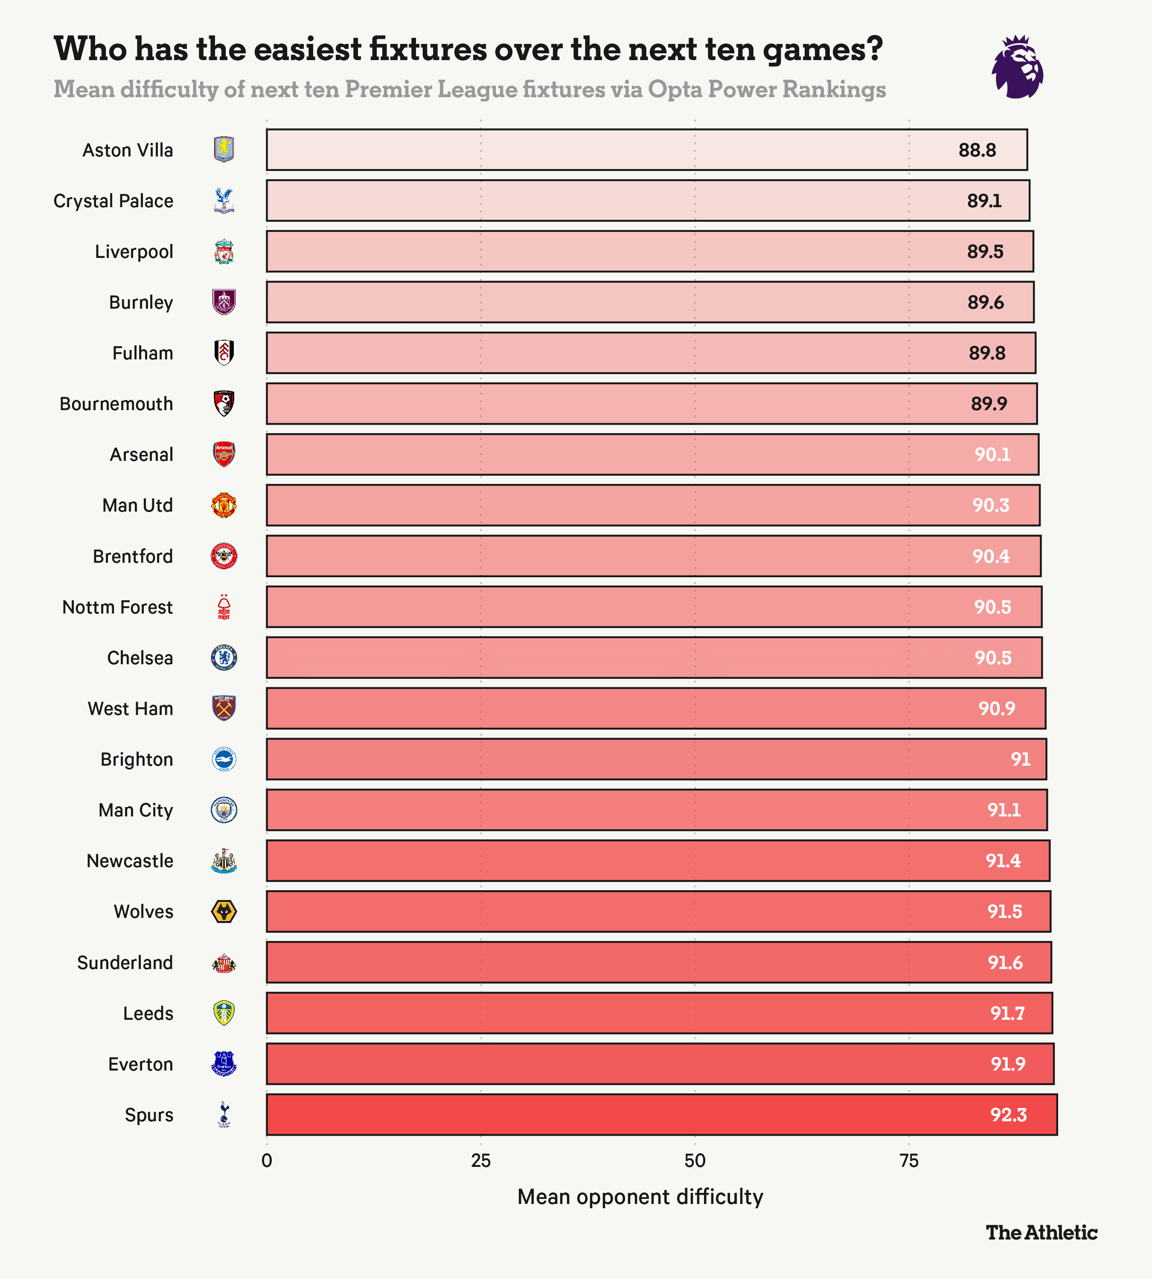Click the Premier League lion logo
[1017, 67]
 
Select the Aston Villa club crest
[224, 150]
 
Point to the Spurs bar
[661, 1114]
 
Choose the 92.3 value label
[1008, 1114]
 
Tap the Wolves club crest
[224, 912]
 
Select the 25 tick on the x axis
[480, 1161]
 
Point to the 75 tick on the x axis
[909, 1161]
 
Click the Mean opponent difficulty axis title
[640, 1197]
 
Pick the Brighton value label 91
[1020, 759]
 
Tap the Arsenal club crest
[224, 454]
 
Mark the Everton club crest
[224, 1064]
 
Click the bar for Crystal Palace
[648, 200]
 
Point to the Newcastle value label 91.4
[1003, 861]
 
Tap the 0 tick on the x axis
[267, 1161]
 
